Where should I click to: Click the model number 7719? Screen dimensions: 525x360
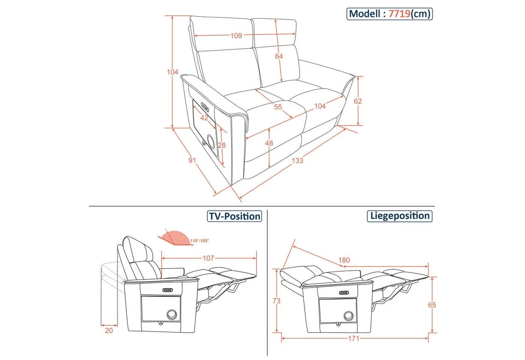coord(399,14)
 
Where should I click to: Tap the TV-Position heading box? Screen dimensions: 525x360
coord(234,216)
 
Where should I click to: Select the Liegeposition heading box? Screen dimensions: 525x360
coord(400,216)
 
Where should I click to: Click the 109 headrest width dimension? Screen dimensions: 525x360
coord(236,36)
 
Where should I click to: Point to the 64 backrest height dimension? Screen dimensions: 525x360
coord(279,56)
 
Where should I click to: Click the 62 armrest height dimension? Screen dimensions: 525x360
coord(358,101)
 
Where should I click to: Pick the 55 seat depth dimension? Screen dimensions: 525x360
coord(278,107)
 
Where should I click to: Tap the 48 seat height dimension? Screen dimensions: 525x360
coord(269,143)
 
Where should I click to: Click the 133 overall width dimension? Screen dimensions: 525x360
coord(297,161)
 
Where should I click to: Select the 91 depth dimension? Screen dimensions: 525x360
coord(192,160)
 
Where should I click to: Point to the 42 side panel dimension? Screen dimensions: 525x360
coord(204,118)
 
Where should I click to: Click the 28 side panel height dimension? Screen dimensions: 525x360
coord(222,145)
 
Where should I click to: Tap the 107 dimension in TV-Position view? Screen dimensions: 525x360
coord(208,258)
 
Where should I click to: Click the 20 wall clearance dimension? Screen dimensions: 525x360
coord(109,331)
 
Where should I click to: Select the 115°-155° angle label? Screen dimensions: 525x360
coord(199,241)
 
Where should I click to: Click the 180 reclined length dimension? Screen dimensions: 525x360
coord(344,260)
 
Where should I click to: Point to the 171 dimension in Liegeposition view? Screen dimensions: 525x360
coord(354,339)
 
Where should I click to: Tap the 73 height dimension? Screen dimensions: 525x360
coord(277,301)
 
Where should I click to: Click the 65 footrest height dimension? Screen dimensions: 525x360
coord(432,305)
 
